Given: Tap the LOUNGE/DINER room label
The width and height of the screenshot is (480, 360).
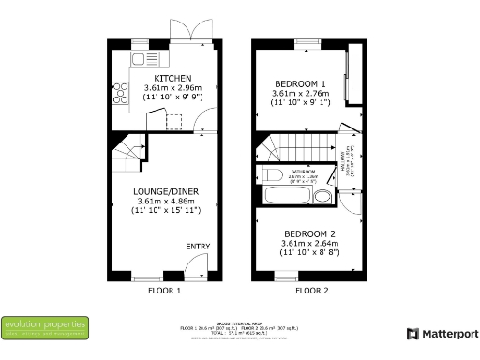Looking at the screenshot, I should click(165, 190).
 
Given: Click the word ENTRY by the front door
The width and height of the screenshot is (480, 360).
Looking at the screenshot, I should click(197, 247).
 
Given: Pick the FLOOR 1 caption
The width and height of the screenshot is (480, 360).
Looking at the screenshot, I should click(164, 292).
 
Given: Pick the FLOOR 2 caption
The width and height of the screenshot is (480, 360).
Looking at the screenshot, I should click(312, 292).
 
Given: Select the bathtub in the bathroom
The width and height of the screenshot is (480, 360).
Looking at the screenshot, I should click(289, 196).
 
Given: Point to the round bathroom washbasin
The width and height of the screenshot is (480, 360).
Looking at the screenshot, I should click(322, 196).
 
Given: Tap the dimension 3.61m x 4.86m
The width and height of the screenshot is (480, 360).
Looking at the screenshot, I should click(165, 201).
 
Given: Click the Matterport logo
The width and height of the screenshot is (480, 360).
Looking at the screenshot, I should click(442, 333).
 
